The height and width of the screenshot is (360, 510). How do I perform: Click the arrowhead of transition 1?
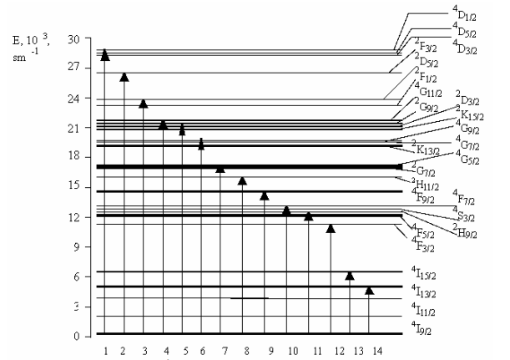[105, 55]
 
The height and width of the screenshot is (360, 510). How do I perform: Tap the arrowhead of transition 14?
[370, 290]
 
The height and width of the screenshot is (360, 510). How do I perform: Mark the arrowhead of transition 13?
[350, 276]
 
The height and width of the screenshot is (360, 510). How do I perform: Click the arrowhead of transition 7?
[220, 169]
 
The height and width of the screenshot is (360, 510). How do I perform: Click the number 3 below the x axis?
[144, 348]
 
